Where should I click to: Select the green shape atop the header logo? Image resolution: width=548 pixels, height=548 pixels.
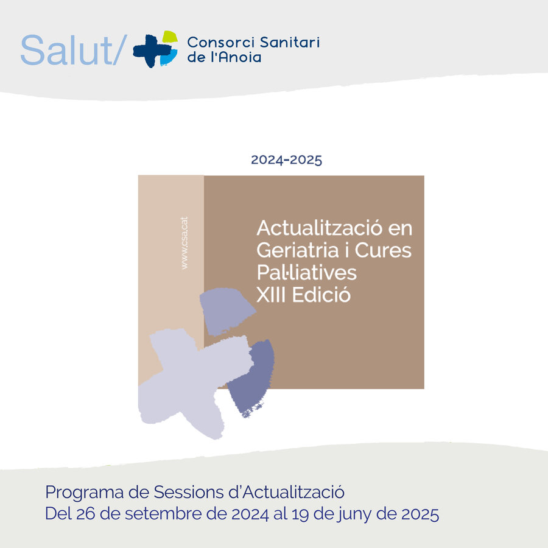pos(170,37)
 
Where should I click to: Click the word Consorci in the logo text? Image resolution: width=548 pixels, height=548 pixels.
pos(221,42)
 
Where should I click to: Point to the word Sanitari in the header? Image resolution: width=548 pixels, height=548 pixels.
pos(290,42)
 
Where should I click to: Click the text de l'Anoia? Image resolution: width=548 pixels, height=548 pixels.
pos(224,57)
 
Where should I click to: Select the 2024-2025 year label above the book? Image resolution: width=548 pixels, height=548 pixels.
pos(287,160)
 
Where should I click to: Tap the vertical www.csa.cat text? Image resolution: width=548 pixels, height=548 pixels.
pos(184,243)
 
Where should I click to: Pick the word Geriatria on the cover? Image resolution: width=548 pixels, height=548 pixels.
pos(298,250)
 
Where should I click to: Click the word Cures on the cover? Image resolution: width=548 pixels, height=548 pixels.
pos(383,250)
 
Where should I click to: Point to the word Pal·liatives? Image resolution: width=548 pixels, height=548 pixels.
pos(306,273)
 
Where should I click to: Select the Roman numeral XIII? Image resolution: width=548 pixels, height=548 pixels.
pos(271,295)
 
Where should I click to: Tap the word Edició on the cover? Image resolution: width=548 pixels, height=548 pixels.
pos(321,295)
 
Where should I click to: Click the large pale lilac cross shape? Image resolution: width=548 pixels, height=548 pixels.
pos(193,382)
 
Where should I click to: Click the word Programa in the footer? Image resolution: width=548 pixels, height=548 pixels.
pos(85,493)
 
